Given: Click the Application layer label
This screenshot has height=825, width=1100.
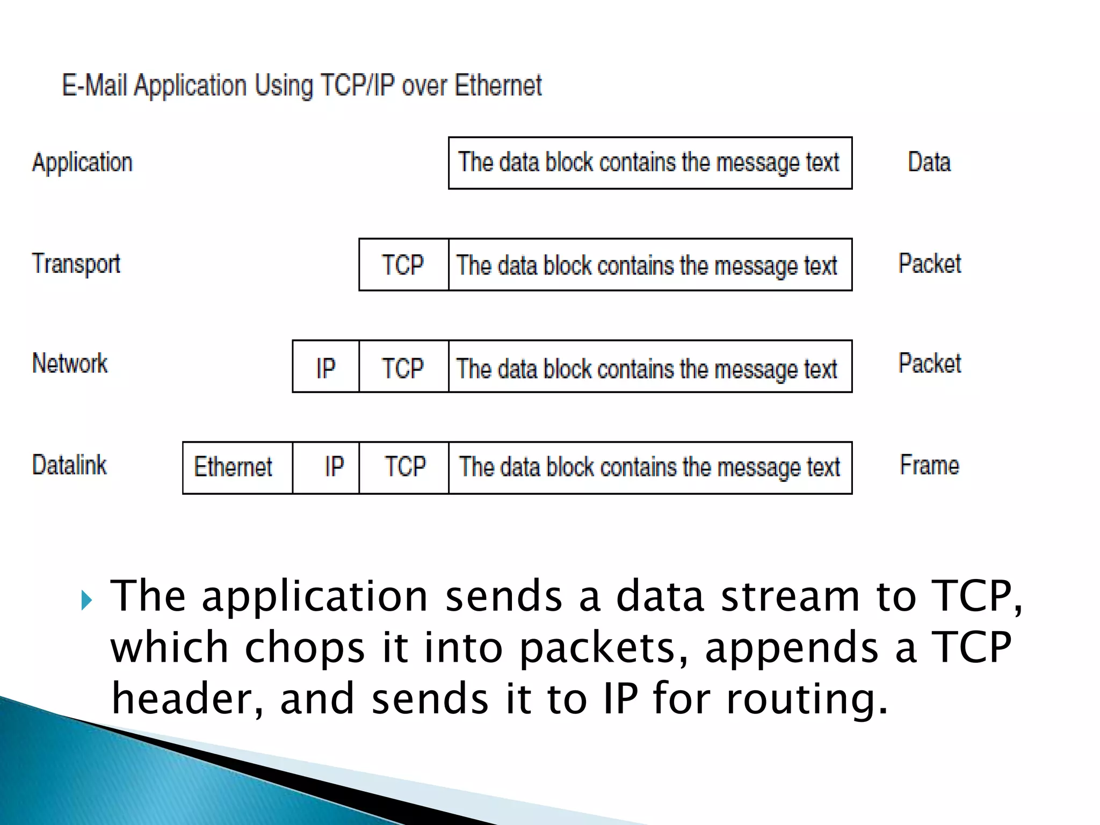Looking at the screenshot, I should [x=82, y=162].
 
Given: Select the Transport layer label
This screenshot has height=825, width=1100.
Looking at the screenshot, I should [x=76, y=264].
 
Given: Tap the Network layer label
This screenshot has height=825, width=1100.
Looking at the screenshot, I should [x=70, y=364].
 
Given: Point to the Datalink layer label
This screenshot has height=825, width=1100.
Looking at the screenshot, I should [x=70, y=465].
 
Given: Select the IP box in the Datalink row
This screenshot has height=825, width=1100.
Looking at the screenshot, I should [x=326, y=467].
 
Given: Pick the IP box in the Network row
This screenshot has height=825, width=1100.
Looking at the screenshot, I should [x=325, y=367].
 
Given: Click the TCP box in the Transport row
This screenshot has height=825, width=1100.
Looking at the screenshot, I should [x=403, y=265].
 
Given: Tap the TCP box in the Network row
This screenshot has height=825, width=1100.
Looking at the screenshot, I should [x=403, y=367].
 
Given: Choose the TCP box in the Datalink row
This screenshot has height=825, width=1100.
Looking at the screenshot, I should [x=403, y=467].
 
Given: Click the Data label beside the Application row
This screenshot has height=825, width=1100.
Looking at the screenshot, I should [x=929, y=162].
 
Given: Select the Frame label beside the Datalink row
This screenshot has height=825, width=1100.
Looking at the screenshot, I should [x=929, y=465].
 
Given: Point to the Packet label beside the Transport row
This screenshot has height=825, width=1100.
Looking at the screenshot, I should [x=930, y=264].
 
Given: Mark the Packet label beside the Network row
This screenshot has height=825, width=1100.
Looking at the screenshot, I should [x=930, y=364].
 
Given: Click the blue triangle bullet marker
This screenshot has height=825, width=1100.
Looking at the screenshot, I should [x=86, y=600].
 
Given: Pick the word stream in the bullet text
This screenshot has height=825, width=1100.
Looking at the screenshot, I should [x=790, y=596].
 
